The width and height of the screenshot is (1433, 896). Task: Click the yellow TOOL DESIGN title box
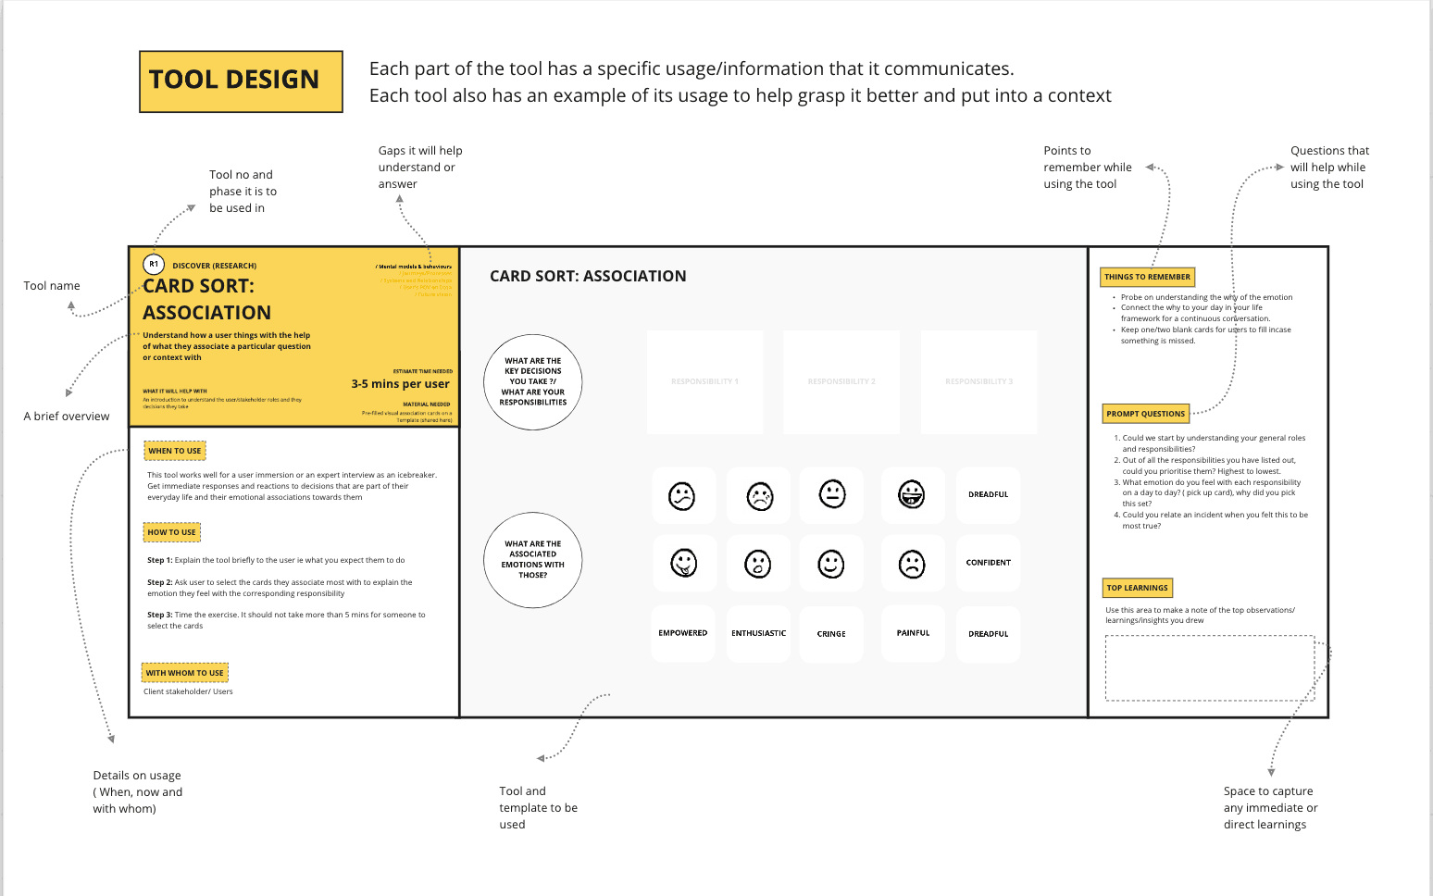241,81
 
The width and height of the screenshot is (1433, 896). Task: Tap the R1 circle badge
154,265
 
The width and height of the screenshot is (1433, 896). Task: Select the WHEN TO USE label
175,451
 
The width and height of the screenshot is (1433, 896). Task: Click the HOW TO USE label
172,532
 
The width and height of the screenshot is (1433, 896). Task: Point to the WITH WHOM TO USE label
184,673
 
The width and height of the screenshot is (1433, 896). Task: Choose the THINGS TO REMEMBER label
1147,277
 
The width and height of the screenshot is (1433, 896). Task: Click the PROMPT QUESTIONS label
1145,414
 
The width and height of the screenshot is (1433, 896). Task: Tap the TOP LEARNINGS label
1138,588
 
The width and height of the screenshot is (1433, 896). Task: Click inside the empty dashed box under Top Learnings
1209,667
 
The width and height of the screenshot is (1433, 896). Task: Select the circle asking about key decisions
533,381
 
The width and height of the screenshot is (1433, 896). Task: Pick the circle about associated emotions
533,559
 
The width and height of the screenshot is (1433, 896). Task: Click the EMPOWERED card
683,633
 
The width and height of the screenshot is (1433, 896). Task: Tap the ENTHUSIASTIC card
758,633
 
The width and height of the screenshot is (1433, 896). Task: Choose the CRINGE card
831,634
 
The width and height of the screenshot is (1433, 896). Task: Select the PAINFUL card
913,633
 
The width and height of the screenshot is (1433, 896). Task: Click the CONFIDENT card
989,563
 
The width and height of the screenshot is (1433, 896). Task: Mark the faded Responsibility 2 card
841,381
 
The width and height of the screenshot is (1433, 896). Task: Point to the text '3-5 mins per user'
400,384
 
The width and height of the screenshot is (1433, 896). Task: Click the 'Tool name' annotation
52,286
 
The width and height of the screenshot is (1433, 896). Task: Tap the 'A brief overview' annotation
67,417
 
